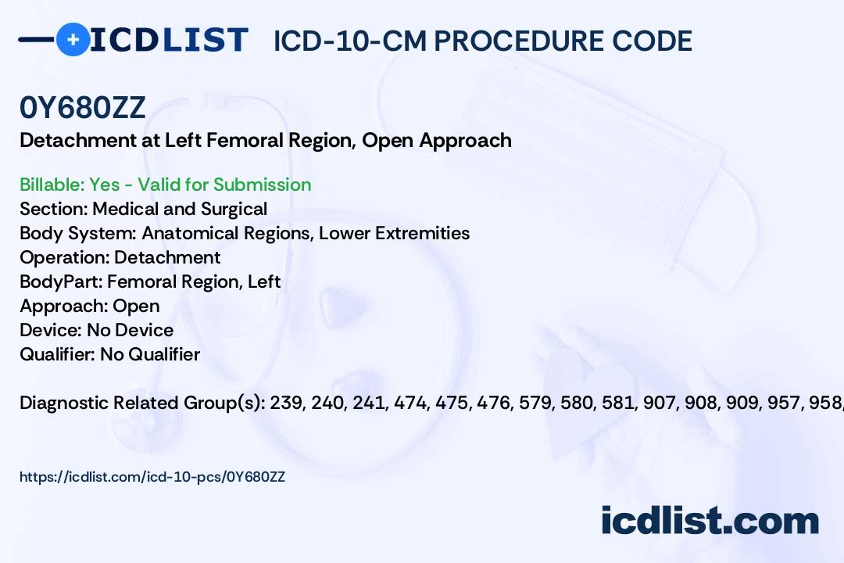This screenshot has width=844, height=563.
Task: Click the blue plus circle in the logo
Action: [73, 39]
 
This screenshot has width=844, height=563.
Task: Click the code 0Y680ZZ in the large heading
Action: [82, 108]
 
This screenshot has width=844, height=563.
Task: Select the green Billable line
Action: [165, 185]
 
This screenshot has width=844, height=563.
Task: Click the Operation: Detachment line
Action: [120, 257]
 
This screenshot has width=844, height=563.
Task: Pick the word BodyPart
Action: [61, 281]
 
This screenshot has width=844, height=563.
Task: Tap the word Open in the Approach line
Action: [136, 307]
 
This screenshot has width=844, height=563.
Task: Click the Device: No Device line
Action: [96, 330]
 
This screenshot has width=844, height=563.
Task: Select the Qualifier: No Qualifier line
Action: [110, 354]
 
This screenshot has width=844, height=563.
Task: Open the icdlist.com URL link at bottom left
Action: [152, 477]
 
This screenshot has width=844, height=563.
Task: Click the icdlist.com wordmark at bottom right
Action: [710, 521]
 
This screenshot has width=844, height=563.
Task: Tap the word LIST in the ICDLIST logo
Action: [205, 40]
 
